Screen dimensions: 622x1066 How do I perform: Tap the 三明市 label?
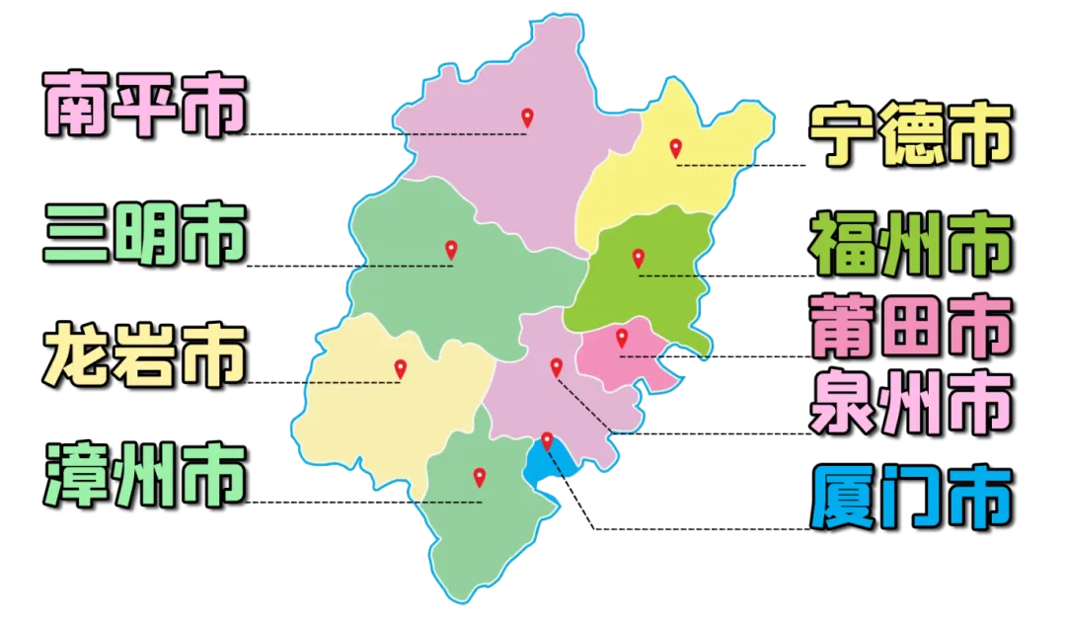click(145, 234)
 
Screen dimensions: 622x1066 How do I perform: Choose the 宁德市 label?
click(910, 135)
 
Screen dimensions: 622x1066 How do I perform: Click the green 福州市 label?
click(910, 247)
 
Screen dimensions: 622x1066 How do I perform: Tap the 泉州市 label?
click(910, 402)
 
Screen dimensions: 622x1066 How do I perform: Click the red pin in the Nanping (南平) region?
click(527, 117)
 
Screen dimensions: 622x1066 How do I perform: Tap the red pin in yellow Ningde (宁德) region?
click(675, 148)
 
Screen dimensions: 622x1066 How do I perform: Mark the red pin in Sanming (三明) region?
click(451, 250)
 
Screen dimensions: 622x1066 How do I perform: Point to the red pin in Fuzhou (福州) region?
click(638, 259)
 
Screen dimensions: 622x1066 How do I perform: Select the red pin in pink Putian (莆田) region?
click(622, 339)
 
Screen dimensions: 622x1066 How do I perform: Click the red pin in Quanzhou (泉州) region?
click(556, 367)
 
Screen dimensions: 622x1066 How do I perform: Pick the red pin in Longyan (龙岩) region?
click(400, 369)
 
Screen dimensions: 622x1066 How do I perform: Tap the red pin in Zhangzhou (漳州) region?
click(480, 477)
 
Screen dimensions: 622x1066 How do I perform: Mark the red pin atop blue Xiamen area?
click(547, 440)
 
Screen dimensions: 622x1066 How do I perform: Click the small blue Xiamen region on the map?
click(540, 465)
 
